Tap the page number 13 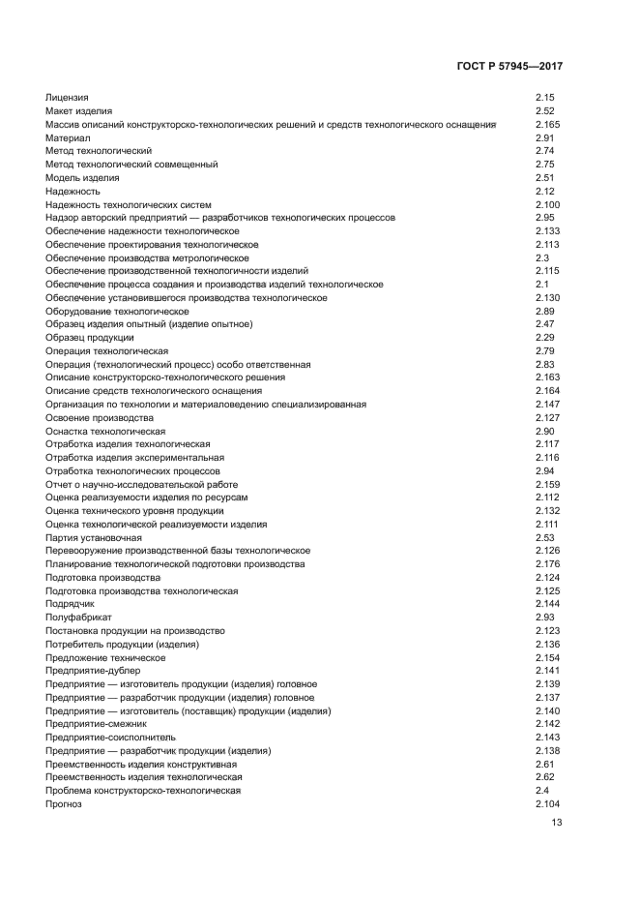(556, 824)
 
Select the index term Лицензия (67, 98)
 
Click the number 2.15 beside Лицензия (544, 98)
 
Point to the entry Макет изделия (78, 111)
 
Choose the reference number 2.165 (547, 125)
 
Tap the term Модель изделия (82, 178)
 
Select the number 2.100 (547, 205)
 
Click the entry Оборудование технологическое (117, 312)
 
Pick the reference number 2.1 (541, 285)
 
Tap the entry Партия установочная (94, 538)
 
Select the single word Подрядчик (70, 604)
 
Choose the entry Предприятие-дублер (93, 671)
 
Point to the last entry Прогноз (64, 804)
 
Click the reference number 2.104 (547, 804)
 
